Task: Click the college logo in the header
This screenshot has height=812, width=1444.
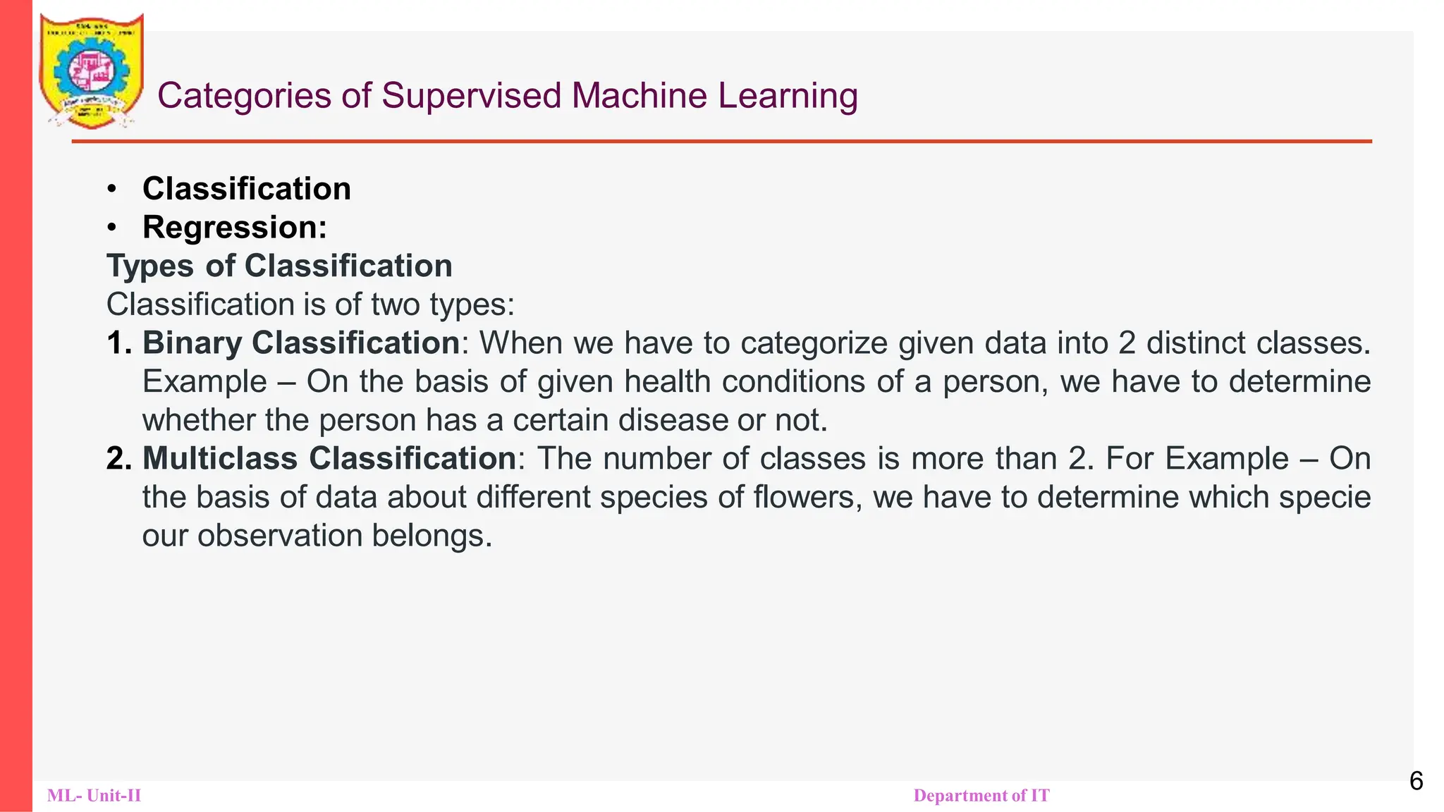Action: (92, 71)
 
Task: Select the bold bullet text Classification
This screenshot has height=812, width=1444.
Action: (246, 189)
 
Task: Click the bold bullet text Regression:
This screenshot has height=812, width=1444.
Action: (235, 228)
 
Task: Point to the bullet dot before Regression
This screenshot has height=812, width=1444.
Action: (111, 228)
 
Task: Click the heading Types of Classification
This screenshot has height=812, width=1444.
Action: (279, 266)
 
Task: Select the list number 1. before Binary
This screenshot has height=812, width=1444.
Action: (119, 343)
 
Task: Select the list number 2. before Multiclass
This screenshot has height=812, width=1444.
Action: (119, 459)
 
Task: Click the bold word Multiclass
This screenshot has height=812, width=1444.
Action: (220, 459)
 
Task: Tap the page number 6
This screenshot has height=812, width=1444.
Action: (1416, 781)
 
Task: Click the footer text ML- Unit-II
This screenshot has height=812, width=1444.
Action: (94, 796)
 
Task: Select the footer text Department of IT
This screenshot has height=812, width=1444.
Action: (981, 796)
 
